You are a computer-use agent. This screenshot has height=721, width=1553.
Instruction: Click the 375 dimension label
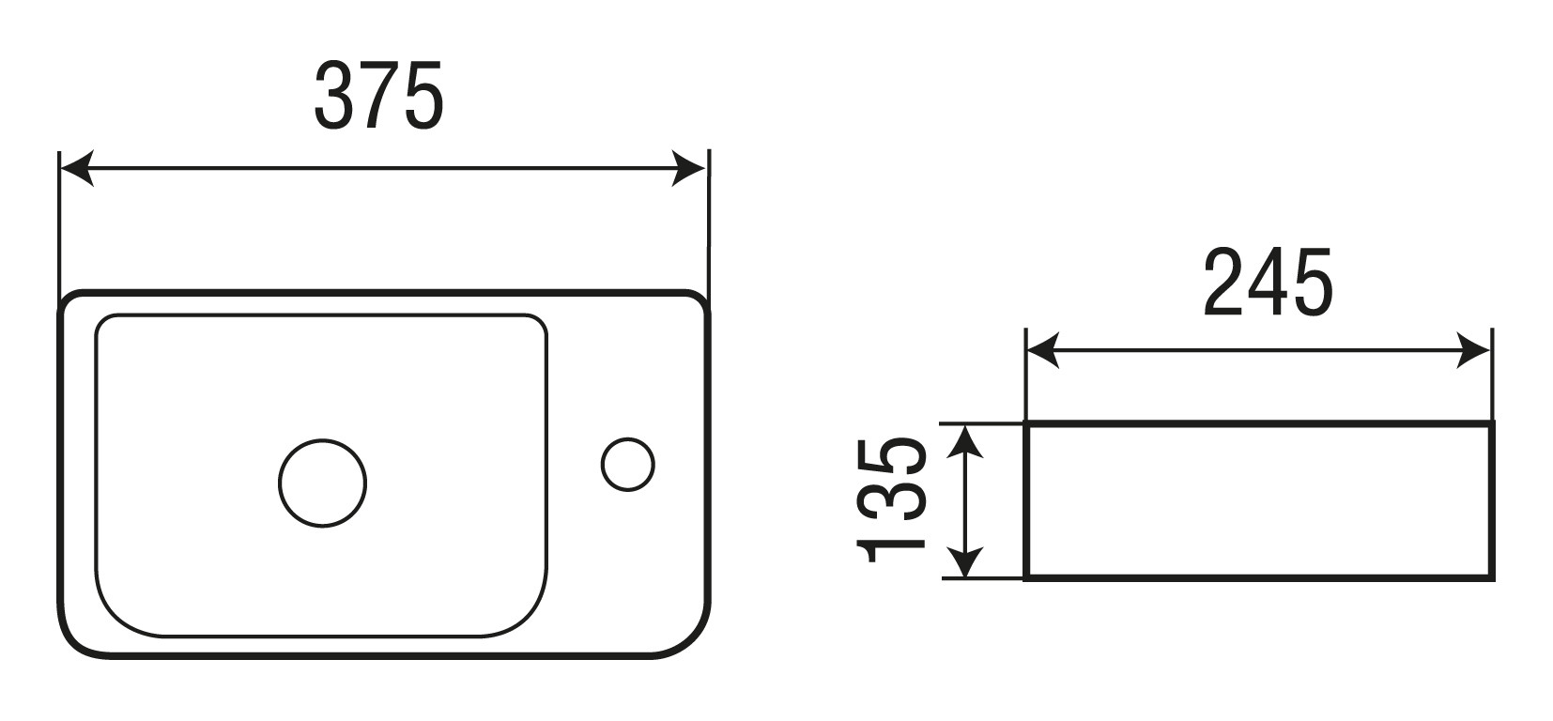pos(378,95)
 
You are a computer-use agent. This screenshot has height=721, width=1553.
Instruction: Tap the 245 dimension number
pos(1269,283)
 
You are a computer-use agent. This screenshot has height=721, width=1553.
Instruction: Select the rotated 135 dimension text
pos(892,499)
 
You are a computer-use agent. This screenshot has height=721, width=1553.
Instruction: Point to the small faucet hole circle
pos(627,438)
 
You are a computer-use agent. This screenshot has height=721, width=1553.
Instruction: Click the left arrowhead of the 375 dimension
pos(76,168)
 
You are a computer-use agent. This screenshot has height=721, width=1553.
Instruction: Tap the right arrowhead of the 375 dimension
pos(687,168)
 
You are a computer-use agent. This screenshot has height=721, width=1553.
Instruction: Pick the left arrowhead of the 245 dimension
pos(1043,350)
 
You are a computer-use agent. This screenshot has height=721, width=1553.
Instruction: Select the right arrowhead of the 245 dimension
pos(1472,350)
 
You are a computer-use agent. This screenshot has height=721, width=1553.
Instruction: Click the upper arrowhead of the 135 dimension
pos(965,442)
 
